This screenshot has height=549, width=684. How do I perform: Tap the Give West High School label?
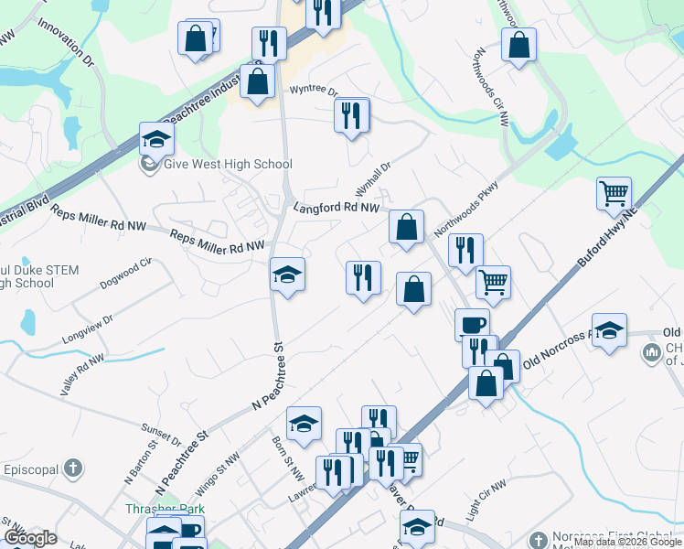click(227, 165)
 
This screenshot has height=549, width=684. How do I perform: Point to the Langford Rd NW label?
click(336, 209)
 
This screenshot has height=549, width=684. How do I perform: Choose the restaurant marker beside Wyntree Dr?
click(352, 115)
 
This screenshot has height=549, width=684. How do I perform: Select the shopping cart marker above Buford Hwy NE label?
click(614, 194)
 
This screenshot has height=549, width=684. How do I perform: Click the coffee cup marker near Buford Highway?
click(472, 325)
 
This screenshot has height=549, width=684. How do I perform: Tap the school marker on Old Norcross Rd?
click(608, 330)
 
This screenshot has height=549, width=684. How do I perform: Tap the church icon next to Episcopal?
click(72, 469)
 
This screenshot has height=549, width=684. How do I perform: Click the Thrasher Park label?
click(166, 509)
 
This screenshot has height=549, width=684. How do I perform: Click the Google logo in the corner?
click(30, 538)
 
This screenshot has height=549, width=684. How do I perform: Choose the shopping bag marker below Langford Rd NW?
click(405, 228)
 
